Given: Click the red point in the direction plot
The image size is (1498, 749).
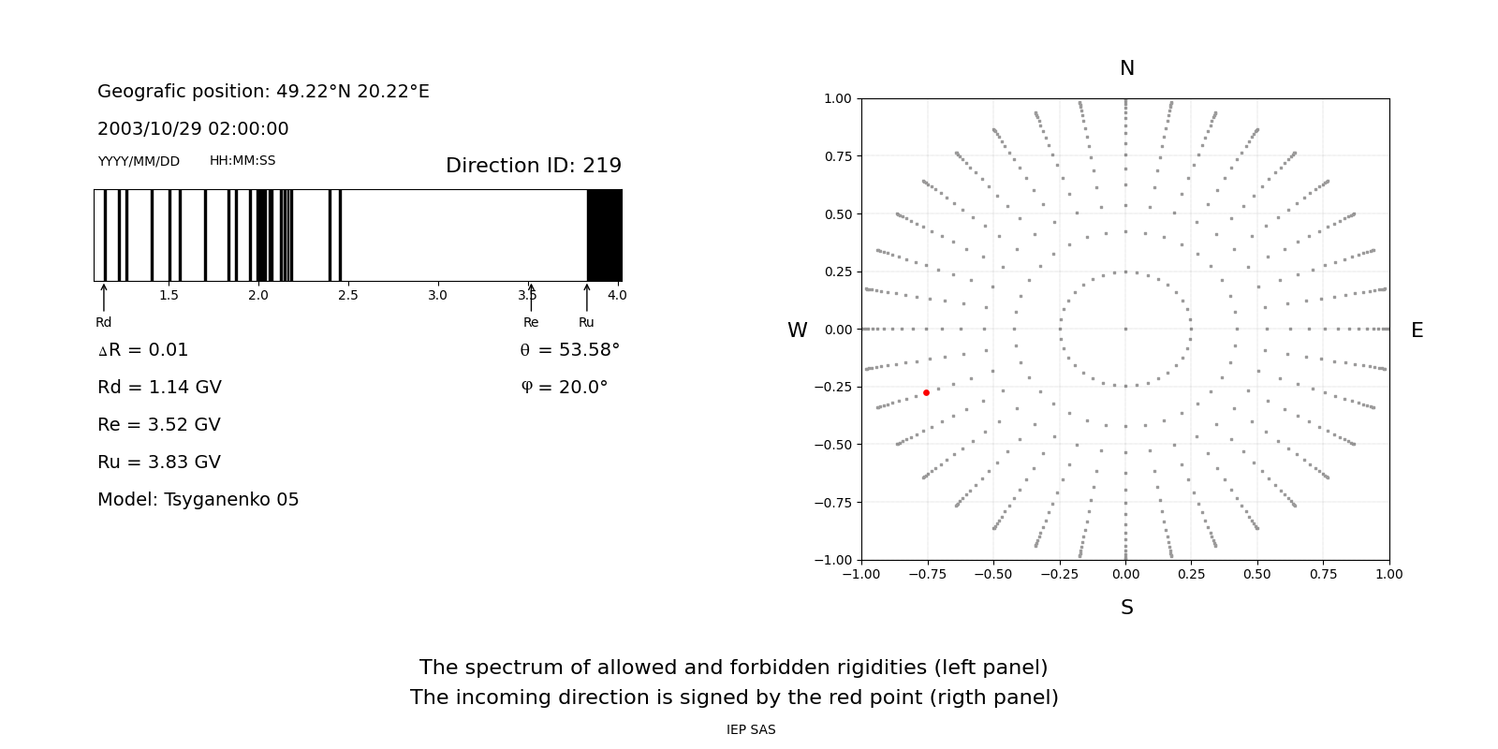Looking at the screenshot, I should click(x=926, y=392).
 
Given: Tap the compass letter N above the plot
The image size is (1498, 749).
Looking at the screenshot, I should click(x=1126, y=68).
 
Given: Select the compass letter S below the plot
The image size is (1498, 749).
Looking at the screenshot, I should click(x=1126, y=608).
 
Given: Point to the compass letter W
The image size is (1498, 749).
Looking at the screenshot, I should click(x=797, y=330).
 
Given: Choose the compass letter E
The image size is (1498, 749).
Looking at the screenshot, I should click(x=1417, y=330).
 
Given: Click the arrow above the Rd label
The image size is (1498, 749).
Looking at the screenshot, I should click(x=104, y=297).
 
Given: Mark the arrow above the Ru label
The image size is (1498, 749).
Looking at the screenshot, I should click(x=587, y=297).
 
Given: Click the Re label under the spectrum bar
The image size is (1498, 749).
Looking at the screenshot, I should click(x=531, y=323).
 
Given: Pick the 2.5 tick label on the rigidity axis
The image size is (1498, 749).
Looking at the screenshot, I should click(x=347, y=296).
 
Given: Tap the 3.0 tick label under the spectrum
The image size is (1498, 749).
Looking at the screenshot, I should click(x=437, y=296).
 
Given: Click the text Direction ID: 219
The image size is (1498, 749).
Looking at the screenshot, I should click(x=533, y=166).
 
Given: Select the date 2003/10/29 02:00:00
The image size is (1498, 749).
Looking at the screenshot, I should click(x=193, y=129).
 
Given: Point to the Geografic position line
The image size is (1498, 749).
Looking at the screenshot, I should click(x=263, y=92).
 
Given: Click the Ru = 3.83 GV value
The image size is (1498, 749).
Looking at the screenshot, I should click(x=159, y=463).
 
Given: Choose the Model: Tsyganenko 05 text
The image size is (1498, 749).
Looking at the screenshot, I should click(x=198, y=500).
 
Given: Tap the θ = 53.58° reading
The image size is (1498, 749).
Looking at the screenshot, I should click(x=569, y=350).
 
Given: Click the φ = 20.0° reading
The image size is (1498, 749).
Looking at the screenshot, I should click(x=564, y=388).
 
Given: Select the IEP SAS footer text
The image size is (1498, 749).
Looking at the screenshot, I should click(x=751, y=730).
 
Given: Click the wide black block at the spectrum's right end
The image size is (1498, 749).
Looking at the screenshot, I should click(x=604, y=235).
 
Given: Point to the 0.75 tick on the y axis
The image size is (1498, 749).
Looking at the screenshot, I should click(x=837, y=156).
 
